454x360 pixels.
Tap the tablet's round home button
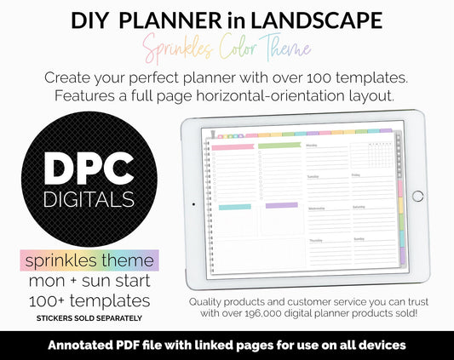click(x=417, y=196)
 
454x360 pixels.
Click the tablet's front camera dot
click(x=193, y=204)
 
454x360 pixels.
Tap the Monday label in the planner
click(x=314, y=146)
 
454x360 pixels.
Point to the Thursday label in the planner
click(x=316, y=240)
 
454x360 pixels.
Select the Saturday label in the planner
click(x=359, y=207)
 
